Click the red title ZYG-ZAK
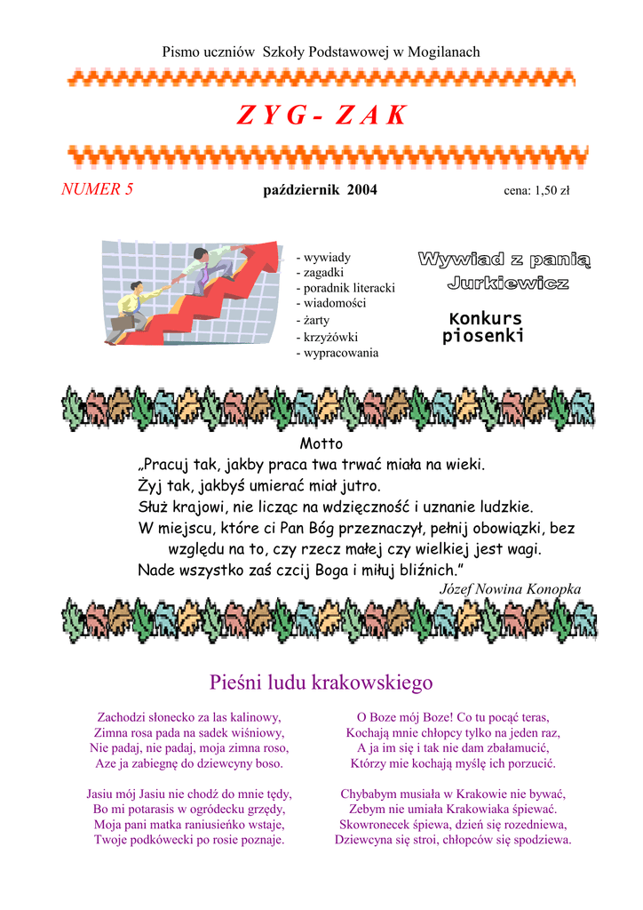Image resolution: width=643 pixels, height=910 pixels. pyautogui.click(x=321, y=115)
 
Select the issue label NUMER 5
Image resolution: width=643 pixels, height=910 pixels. pyautogui.click(x=97, y=188)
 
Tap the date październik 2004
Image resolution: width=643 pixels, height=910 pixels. pyautogui.click(x=320, y=189)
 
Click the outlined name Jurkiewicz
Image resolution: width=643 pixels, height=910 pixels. pyautogui.click(x=507, y=283)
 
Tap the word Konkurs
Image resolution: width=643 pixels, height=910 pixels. pyautogui.click(x=485, y=318)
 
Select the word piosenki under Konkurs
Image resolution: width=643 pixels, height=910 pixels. pyautogui.click(x=483, y=336)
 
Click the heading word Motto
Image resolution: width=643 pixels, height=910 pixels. pyautogui.click(x=321, y=443)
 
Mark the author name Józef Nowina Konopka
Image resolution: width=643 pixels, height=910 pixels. pyautogui.click(x=510, y=589)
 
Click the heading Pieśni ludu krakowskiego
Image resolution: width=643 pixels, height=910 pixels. pyautogui.click(x=321, y=682)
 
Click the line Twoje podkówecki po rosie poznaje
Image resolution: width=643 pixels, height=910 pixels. pyautogui.click(x=189, y=839)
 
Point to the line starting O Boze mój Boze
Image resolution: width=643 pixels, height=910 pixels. pyautogui.click(x=453, y=716)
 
